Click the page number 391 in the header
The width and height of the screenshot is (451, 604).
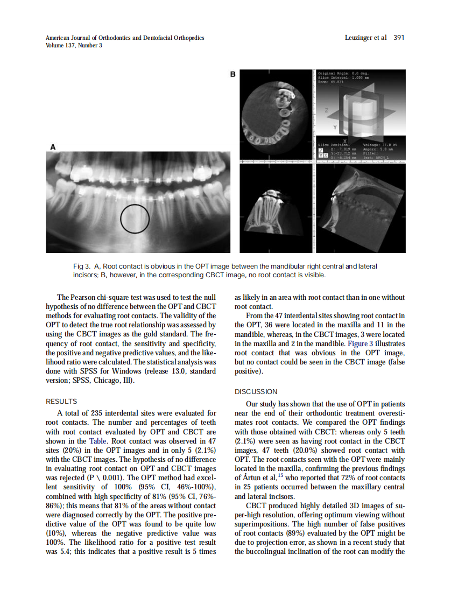[x=399, y=38]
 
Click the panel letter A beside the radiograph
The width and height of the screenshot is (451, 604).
[x=53, y=146]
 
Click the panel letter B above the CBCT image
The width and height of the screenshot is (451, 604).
[x=232, y=74]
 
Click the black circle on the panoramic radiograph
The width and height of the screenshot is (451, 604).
[x=135, y=219]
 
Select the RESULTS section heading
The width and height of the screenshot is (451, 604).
[x=61, y=402]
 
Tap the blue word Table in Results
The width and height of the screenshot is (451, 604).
[x=98, y=440]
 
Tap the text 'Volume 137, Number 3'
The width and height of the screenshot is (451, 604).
[x=74, y=46]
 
